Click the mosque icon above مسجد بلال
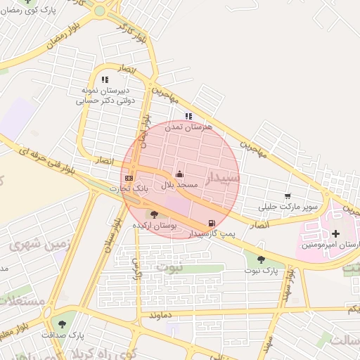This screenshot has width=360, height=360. point(179,174)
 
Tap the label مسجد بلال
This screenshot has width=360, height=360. point(181,184)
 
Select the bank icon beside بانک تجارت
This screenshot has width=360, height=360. point(129,179)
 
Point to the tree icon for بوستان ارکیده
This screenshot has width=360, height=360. point(154,214)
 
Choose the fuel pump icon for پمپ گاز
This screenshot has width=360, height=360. point(212,223)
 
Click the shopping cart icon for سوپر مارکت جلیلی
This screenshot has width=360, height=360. point(287,196)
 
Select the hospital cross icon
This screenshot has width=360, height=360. point(335,233)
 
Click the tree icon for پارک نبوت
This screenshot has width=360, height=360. point(261,259)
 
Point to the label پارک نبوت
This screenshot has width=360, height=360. point(262,270)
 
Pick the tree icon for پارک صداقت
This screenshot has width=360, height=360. point(63,324)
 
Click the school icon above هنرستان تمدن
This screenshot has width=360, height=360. point(188,116)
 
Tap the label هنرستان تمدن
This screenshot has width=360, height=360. point(184,127)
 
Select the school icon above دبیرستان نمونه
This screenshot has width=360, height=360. point(105,80)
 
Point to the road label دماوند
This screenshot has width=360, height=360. point(160,316)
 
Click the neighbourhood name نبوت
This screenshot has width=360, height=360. point(168,267)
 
